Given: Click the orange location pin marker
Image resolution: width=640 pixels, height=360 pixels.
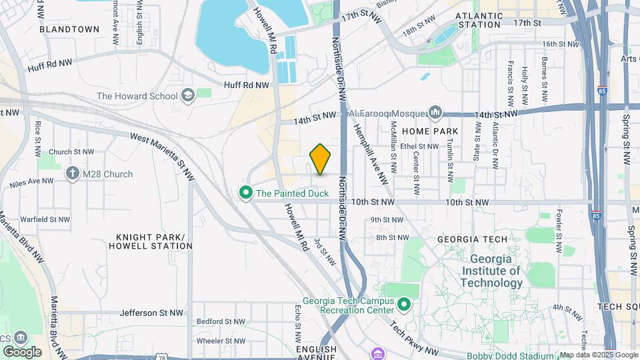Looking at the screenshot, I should [x=321, y=159].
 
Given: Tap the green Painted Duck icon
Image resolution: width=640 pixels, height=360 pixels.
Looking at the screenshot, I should [x=246, y=193].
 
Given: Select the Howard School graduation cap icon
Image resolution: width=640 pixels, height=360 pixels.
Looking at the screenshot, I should [x=187, y=95].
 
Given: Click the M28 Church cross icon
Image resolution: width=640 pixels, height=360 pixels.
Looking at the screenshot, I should [x=73, y=174].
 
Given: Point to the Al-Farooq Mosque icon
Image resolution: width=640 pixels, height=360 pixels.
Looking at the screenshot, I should [x=436, y=111].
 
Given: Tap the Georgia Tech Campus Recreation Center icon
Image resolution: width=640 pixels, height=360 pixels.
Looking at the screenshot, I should [x=403, y=305].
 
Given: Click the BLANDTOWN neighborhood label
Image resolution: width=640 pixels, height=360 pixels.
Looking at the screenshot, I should [x=69, y=29].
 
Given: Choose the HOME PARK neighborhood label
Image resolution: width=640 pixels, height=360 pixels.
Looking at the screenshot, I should [x=436, y=131].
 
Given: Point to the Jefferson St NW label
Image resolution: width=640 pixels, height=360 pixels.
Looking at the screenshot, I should [x=151, y=312].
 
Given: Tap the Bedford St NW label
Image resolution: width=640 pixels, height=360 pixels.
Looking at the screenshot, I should [x=218, y=321].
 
